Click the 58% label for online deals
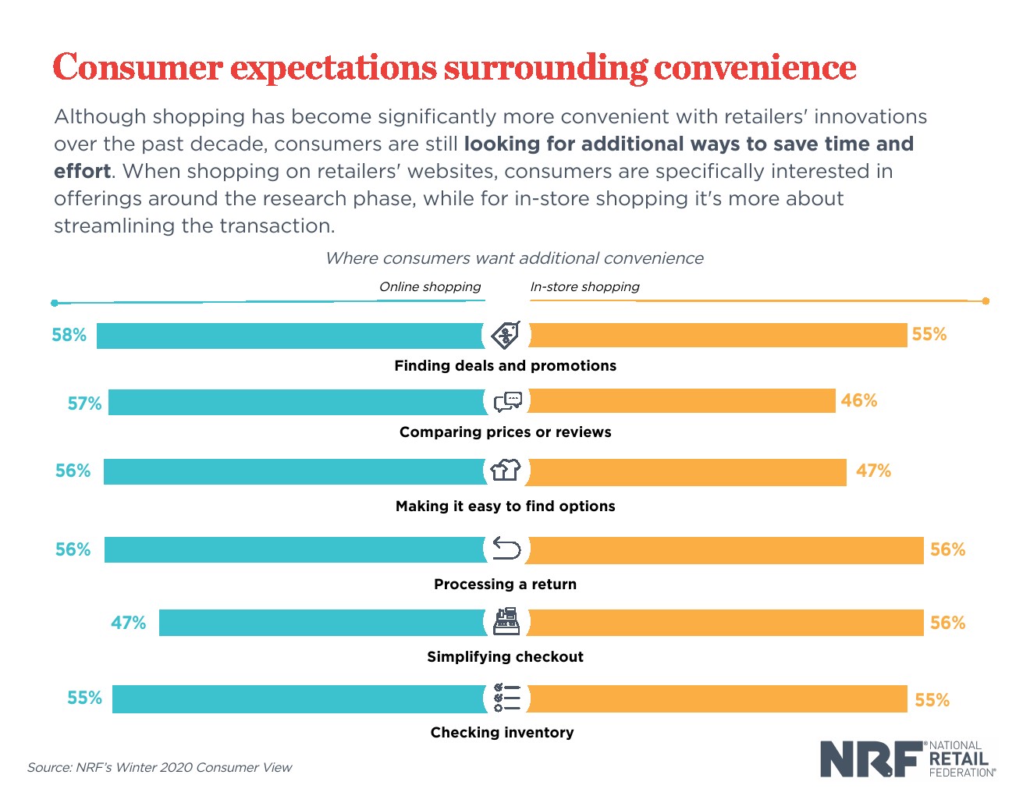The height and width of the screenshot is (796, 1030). [69, 335]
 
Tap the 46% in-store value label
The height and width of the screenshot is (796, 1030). [858, 400]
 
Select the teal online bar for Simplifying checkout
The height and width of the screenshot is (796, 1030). [321, 623]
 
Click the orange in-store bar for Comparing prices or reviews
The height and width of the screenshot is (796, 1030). [682, 401]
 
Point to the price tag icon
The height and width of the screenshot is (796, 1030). [506, 335]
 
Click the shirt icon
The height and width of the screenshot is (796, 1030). [506, 470]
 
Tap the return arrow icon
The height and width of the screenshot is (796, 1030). [506, 549]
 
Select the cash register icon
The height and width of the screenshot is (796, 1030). [506, 622]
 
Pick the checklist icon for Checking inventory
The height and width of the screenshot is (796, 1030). [506, 698]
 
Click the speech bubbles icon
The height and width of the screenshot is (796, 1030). [507, 401]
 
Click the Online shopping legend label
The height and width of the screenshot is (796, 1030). [430, 286]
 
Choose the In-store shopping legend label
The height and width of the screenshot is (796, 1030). [584, 286]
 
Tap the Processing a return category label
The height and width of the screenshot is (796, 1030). [505, 584]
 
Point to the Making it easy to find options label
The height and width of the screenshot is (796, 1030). [505, 506]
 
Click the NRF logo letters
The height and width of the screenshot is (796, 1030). [869, 759]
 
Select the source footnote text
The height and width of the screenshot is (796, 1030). [159, 767]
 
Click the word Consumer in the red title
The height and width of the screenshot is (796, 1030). [138, 67]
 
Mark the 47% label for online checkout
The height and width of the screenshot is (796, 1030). [128, 623]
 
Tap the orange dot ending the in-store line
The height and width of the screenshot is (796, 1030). [986, 300]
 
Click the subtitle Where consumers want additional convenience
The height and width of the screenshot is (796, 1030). [514, 258]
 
